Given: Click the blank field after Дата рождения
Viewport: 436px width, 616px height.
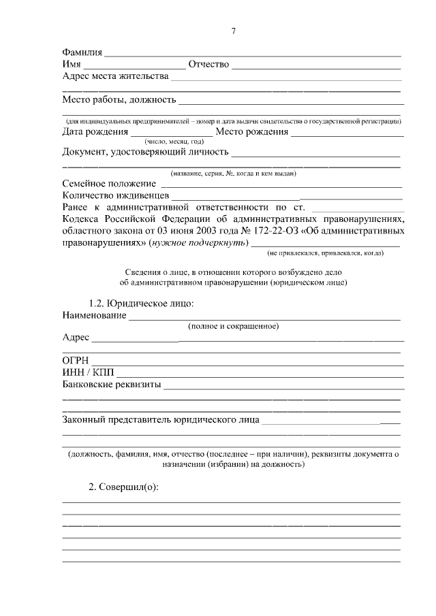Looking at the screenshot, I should [171, 132].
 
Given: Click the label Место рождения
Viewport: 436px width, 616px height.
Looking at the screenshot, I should [251, 132].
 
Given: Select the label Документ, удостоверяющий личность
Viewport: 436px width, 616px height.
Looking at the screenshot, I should [145, 151].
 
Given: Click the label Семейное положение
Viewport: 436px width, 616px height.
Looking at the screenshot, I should [109, 184].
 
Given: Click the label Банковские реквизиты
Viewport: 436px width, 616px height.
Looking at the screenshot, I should [112, 385].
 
